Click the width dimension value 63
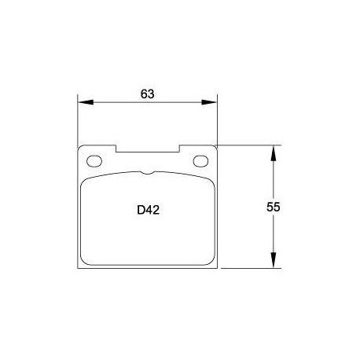[147, 94]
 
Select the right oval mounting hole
[202, 162]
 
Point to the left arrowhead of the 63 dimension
[83, 102]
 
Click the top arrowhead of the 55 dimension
[274, 150]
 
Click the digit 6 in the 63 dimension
[144, 94]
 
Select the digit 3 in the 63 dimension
[151, 94]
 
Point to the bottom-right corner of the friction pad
[210, 262]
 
